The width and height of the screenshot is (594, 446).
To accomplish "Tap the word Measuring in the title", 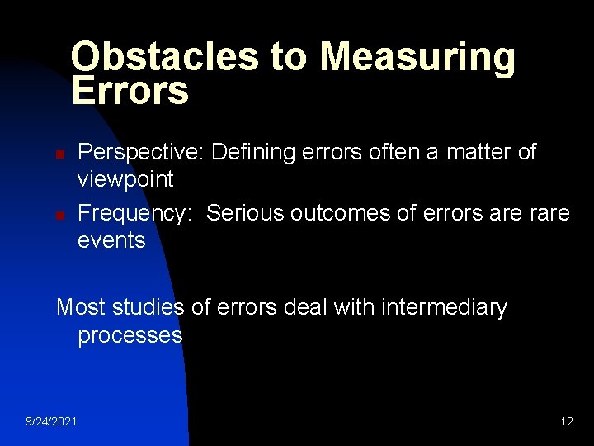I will tap(417, 57).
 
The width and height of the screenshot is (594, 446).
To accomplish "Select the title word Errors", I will tap(130, 91).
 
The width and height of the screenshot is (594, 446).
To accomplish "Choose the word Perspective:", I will tap(141, 152).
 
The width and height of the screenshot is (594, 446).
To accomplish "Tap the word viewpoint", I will tap(125, 179).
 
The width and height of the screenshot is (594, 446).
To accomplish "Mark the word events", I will tap(111, 240).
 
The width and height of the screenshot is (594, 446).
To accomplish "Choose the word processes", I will tap(130, 335).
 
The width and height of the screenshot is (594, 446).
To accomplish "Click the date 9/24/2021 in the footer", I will tap(52, 422).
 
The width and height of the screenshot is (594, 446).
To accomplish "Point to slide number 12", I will tap(567, 422).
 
